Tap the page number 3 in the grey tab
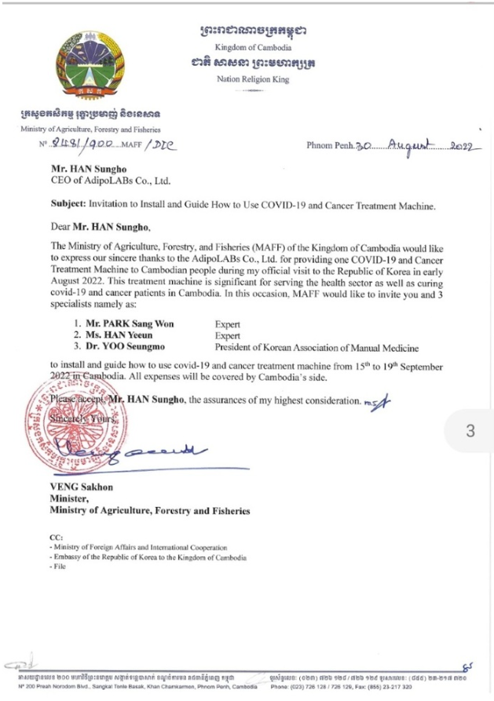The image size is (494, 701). click(x=471, y=431)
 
